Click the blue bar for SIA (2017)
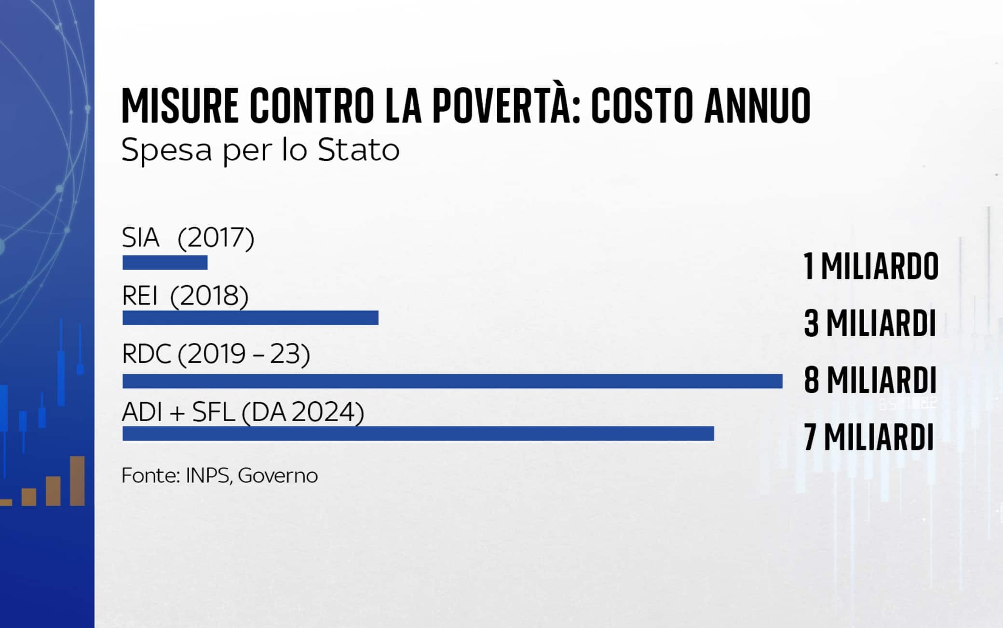point(165,262)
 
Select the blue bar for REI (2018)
point(250,318)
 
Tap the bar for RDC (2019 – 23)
point(452,381)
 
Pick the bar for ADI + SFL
point(418,433)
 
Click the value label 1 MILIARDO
point(871,267)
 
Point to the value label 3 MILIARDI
point(870,323)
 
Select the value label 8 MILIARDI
point(870,380)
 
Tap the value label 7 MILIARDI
point(869,437)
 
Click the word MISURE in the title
point(180,106)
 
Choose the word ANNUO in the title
point(757,106)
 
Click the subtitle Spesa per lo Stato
point(260,150)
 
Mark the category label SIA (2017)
point(188,237)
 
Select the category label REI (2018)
point(185,295)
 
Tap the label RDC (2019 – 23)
point(216,354)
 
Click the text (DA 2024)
point(303,412)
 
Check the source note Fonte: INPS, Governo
point(219,476)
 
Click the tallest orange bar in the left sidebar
point(77,481)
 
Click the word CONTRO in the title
point(312,106)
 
